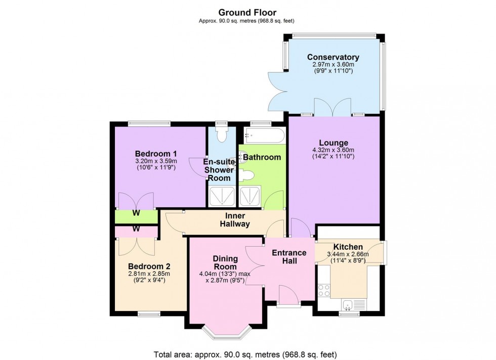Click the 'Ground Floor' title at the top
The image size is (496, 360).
(x=247, y=12)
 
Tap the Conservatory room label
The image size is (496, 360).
(x=333, y=57)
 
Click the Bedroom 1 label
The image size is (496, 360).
(x=155, y=154)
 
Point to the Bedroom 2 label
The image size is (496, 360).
(x=149, y=266)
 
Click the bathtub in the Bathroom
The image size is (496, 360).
(x=262, y=135)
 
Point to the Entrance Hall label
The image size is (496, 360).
(x=289, y=257)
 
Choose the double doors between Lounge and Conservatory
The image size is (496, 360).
(x=333, y=107)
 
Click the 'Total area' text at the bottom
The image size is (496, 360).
(x=244, y=353)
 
